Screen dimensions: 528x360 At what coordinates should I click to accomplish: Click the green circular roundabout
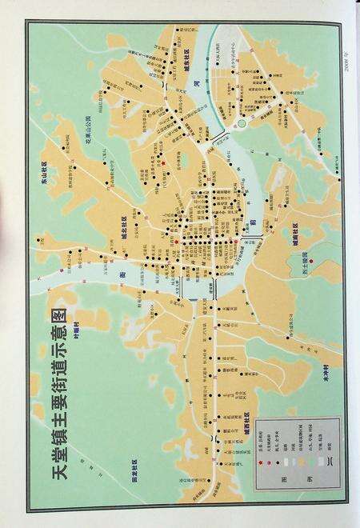[242, 125]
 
